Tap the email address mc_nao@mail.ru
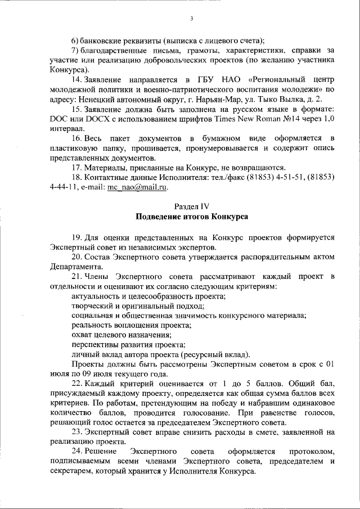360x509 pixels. pos(137,187)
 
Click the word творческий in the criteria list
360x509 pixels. pos(93,306)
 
